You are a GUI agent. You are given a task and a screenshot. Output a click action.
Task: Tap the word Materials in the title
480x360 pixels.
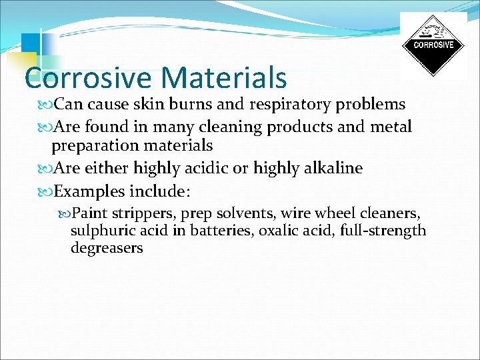(224, 77)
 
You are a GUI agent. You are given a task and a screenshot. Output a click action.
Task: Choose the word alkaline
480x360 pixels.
(334, 168)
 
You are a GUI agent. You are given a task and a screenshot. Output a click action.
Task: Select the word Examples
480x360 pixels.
(91, 192)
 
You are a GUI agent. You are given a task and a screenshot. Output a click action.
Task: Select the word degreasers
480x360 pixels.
(107, 248)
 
